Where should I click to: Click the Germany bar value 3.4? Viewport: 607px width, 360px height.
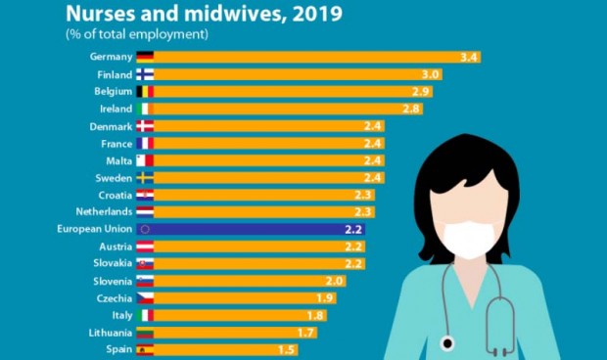click(468, 57)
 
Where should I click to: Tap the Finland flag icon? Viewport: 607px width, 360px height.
click(145, 74)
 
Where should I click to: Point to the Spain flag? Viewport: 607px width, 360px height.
click(145, 349)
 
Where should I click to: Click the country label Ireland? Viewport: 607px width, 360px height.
click(116, 109)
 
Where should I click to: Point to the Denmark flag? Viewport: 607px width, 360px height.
click(145, 126)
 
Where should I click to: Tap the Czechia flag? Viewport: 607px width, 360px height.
click(145, 298)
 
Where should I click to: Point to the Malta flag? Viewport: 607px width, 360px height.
click(145, 160)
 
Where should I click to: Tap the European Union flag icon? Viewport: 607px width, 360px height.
click(145, 229)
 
